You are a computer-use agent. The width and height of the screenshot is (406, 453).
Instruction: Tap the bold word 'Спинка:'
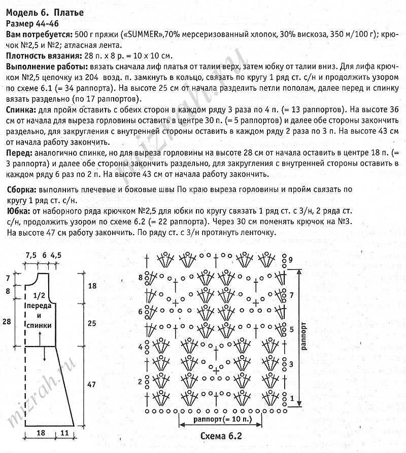pyautogui.click(x=21, y=109)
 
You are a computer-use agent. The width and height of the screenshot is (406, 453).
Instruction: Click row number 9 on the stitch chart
pyautogui.click(x=291, y=260)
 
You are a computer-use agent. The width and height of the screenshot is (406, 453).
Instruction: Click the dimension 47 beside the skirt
pyautogui.click(x=91, y=385)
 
